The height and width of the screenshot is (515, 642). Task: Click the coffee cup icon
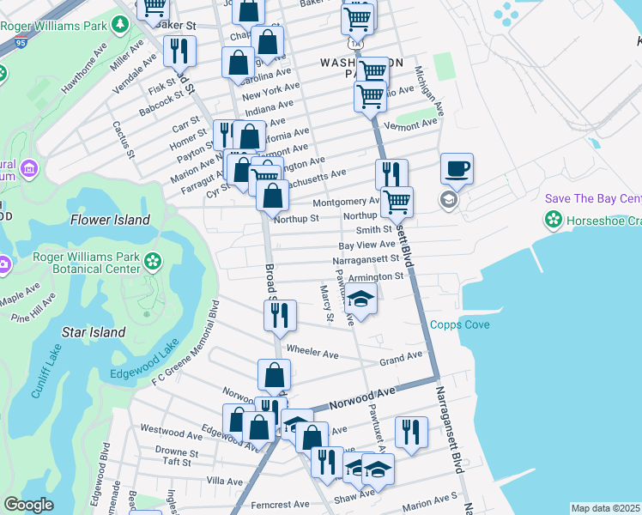click(x=457, y=168)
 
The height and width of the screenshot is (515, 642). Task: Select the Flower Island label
click(x=110, y=220)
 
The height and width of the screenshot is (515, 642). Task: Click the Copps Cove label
click(x=459, y=324)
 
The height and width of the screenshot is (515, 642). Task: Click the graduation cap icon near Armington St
click(x=361, y=300)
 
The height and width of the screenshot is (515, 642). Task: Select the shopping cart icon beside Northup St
click(x=397, y=202)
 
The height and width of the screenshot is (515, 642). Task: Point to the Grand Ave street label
click(x=402, y=356)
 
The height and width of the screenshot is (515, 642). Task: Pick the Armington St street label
click(x=375, y=277)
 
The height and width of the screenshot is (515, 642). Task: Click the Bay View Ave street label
click(x=366, y=245)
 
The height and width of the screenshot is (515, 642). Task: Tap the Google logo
click(x=28, y=505)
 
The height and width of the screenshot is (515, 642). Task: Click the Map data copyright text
click(x=606, y=508)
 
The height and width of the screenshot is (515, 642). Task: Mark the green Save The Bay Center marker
click(x=554, y=220)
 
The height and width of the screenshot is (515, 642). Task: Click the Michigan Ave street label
click(x=429, y=91)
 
